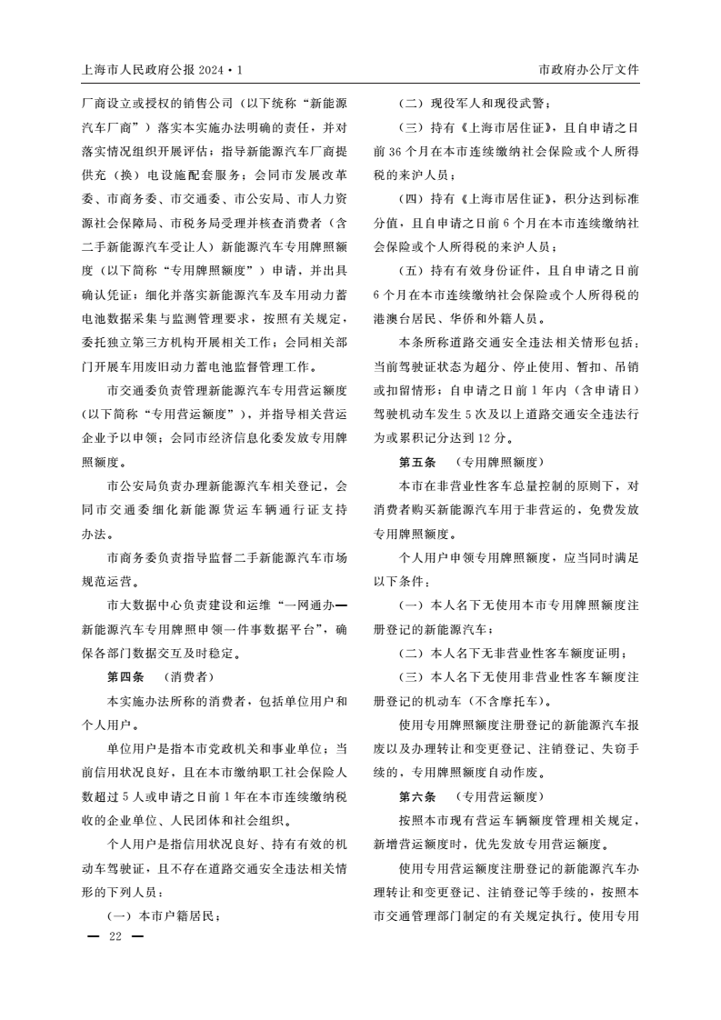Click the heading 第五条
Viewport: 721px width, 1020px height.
(x=417, y=461)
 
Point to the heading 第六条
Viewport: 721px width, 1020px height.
(x=417, y=795)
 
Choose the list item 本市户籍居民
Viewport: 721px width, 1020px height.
(x=178, y=915)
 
